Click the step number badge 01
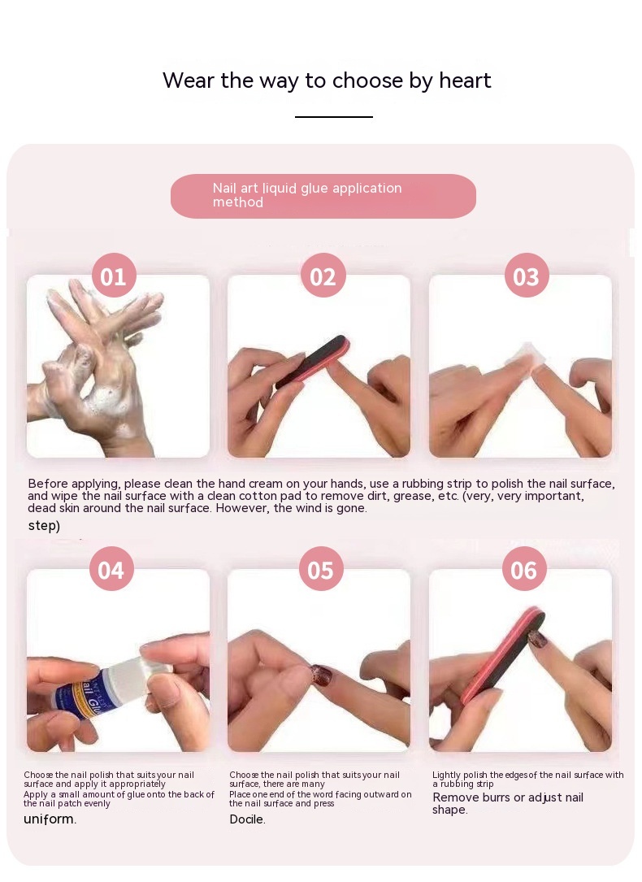pos(114,275)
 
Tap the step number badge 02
pos(323,275)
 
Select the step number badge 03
pos(527,275)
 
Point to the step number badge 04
pos(111,569)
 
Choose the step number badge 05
pos(321,569)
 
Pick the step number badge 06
pos(524,569)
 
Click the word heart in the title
pos(465,80)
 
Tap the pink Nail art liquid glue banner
pos(323,196)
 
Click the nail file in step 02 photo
pos(313,361)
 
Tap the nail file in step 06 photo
pos(504,654)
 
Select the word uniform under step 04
pos(50,819)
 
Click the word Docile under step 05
pos(247,819)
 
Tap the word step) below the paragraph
pos(44,526)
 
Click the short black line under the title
pos(334,117)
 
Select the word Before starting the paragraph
pos(46,483)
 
